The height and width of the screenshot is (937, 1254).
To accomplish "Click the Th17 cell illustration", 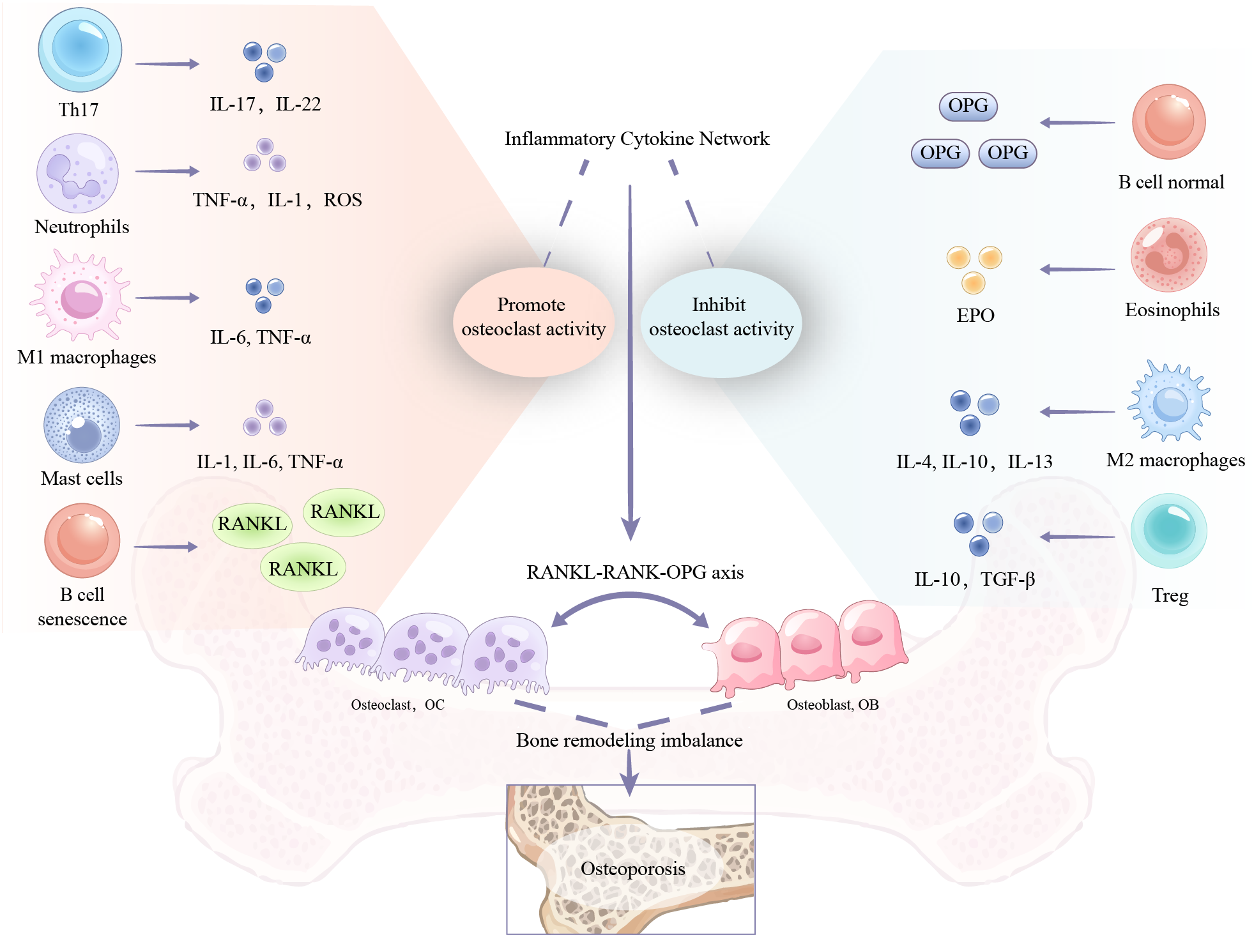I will point(80,50).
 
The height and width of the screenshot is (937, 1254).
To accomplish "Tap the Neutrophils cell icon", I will point(77,172).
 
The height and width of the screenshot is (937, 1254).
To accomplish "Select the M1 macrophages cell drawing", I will point(80,296).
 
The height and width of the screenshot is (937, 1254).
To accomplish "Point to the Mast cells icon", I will point(81,424).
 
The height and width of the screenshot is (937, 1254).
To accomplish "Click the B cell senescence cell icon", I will point(82,540).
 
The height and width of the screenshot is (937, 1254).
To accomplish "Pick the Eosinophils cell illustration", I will point(1168,255).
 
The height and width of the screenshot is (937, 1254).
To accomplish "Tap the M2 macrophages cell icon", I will point(1169,401).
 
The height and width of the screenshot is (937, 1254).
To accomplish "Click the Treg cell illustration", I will point(1168,530).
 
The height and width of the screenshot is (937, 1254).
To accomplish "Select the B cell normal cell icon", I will point(1168,121).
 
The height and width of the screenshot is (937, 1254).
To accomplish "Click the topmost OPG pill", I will point(968,106).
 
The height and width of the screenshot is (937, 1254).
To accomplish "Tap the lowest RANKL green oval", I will point(303,568).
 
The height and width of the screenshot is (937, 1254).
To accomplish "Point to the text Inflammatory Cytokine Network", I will point(636,139).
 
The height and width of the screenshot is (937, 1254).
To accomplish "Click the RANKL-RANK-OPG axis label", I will point(634,572).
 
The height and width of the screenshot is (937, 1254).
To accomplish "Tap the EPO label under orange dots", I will point(975,316).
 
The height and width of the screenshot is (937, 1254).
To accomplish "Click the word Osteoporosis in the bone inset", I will point(632,869).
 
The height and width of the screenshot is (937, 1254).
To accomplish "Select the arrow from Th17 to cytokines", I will point(167,64).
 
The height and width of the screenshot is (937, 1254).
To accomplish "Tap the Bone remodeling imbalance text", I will point(629,740).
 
